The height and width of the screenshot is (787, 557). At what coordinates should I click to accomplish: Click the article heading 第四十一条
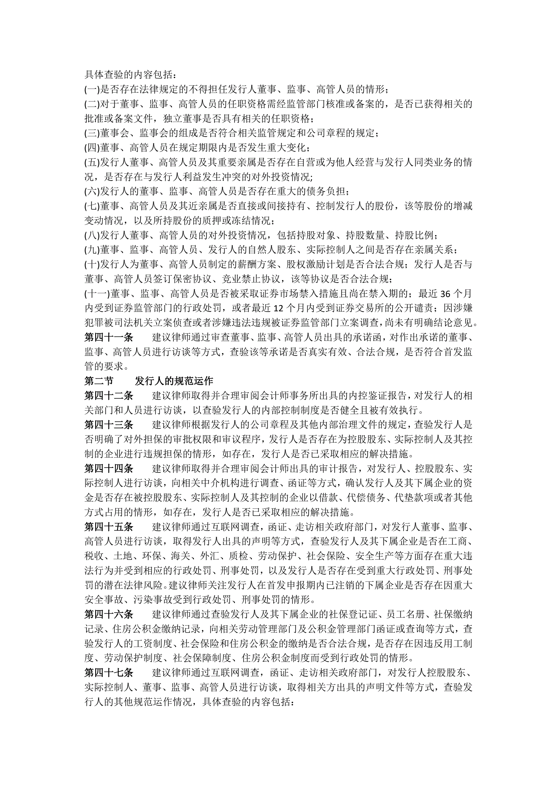pos(109,338)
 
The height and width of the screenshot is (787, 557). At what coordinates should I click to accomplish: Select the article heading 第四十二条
pos(109,396)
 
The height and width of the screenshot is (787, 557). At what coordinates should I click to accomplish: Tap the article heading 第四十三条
pos(109,425)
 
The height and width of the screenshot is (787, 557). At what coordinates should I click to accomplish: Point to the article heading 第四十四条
pos(109,469)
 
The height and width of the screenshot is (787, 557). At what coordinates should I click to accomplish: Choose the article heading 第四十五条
pos(109,527)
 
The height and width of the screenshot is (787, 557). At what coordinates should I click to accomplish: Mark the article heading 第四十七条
pos(109,673)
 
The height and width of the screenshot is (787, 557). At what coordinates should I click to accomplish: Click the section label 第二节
pos(99,381)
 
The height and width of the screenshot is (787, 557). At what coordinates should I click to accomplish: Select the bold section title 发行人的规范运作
pos(174,381)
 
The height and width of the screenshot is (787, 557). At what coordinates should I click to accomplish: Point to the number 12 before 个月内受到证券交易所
pos(279,308)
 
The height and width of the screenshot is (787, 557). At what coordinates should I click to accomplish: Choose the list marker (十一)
pos(97,294)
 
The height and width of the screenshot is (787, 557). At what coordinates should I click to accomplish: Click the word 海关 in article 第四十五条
pos(180,556)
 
